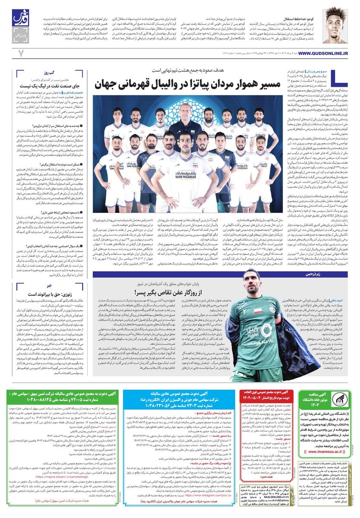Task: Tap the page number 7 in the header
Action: (x=20, y=53)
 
